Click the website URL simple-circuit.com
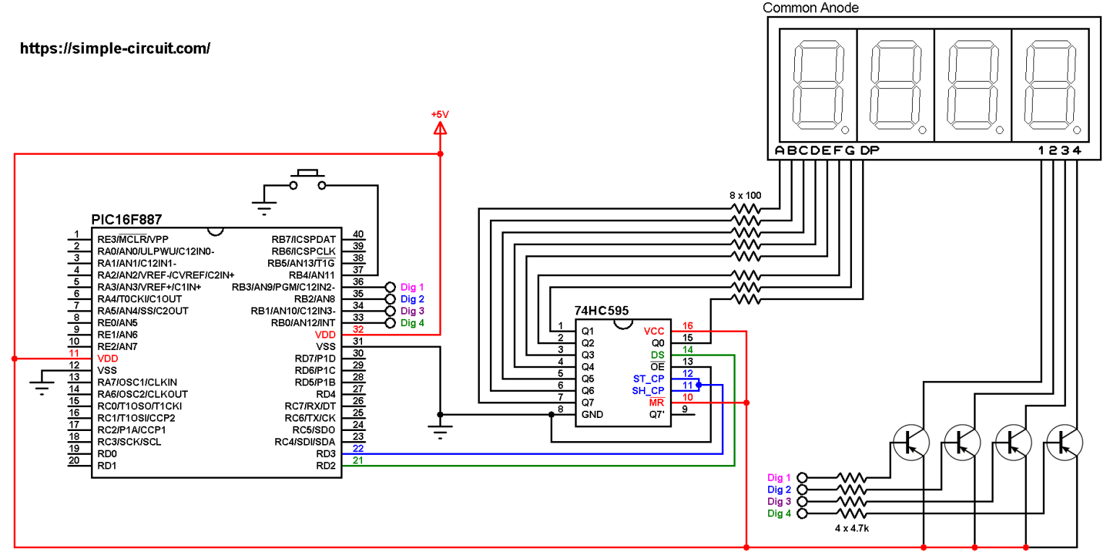click(115, 48)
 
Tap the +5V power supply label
click(439, 114)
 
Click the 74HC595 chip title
click(601, 310)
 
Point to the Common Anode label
click(811, 8)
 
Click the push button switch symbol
click(307, 180)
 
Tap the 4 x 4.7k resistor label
click(851, 529)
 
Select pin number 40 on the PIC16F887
click(358, 234)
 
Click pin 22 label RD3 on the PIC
click(326, 453)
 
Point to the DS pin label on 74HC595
click(658, 355)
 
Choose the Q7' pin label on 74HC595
click(656, 415)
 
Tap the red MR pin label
click(656, 403)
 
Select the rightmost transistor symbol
click(1064, 442)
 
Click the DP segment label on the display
click(870, 150)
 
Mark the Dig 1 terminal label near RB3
click(412, 287)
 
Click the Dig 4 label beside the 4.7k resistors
click(779, 513)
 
